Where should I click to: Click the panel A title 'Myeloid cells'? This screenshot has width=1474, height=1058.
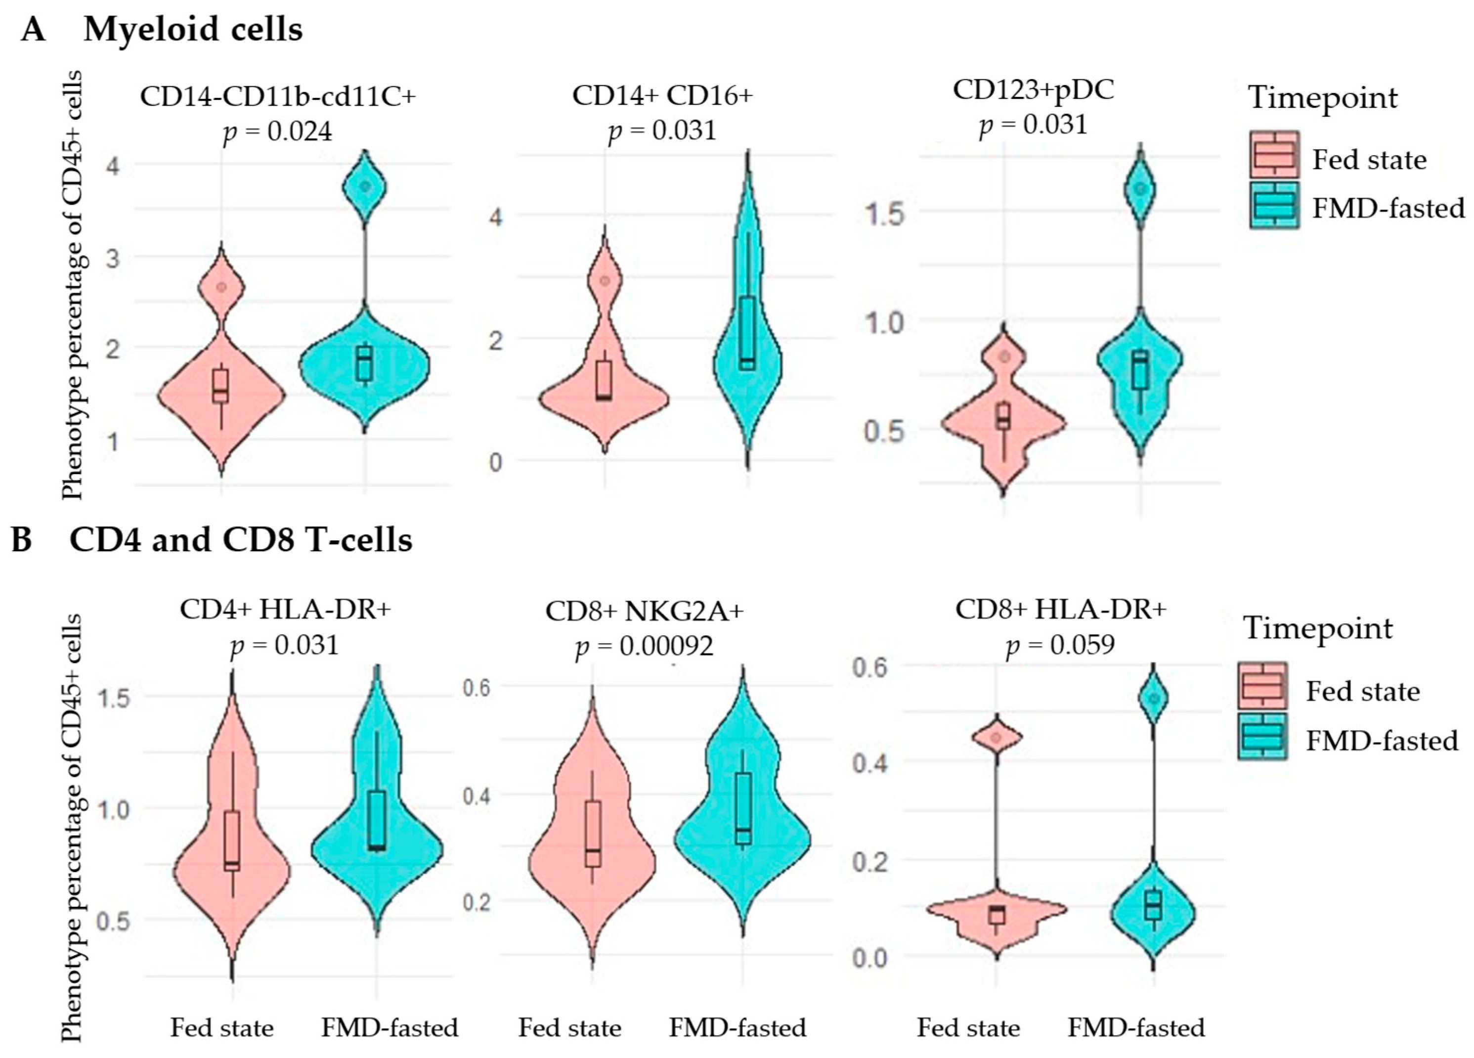[x=193, y=29]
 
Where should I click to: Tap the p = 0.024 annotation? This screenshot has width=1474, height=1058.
[x=277, y=132]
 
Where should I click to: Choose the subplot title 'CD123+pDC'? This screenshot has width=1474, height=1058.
[x=1034, y=89]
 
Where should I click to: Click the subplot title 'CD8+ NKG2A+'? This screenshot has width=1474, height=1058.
[x=644, y=611]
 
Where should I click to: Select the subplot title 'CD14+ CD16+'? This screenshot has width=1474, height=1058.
[x=662, y=95]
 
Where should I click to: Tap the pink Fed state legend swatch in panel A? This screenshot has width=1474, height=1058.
[x=1274, y=155]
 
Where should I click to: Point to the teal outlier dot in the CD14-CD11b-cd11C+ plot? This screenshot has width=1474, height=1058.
[x=365, y=186]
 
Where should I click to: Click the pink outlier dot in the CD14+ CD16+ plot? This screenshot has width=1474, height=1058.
[x=605, y=281]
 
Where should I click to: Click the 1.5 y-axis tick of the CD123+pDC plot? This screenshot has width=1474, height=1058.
[x=884, y=213]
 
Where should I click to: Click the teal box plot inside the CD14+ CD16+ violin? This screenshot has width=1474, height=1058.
[x=747, y=333]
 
